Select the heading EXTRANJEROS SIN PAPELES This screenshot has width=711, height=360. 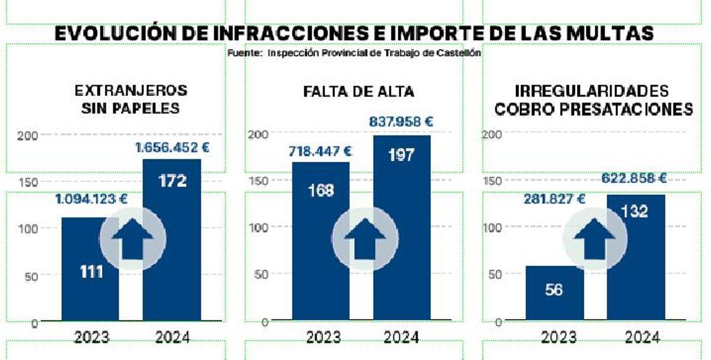131,99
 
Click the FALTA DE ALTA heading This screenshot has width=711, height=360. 358,92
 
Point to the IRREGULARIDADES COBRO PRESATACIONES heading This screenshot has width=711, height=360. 593,100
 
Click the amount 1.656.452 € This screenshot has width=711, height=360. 172,148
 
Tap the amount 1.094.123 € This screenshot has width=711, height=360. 91,199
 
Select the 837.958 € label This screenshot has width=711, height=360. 401,122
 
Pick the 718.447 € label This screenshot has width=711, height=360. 321,151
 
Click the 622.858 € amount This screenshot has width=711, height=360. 634,178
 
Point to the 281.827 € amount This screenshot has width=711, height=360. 554,199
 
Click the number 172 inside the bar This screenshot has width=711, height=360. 172,181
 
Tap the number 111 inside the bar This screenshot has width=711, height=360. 91,272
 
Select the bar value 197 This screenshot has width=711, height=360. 401,156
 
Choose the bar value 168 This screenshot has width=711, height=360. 321,191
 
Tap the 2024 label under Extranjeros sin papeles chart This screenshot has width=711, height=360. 172,337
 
